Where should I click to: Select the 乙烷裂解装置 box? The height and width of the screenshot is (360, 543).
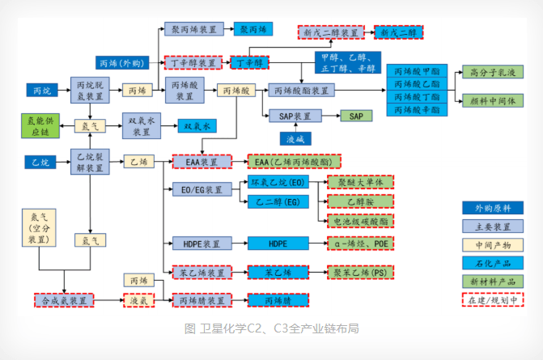coord(89,162)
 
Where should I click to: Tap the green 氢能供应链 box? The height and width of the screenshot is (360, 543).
coord(38,125)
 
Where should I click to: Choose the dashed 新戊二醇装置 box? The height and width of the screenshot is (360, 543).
coord(329,33)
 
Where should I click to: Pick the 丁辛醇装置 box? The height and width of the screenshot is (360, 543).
coord(192,62)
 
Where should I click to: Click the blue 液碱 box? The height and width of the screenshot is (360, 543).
coord(294,139)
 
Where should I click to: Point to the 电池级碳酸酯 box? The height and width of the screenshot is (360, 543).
coord(359,219)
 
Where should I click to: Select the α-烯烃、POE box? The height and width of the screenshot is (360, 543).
coord(359,243)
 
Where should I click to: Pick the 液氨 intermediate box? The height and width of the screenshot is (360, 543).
coord(138,301)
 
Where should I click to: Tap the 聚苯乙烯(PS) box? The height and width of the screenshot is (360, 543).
coord(359,273)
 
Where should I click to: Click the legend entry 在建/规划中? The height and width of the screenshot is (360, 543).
coord(492,299)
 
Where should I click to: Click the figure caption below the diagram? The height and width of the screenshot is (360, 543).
coord(271,328)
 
